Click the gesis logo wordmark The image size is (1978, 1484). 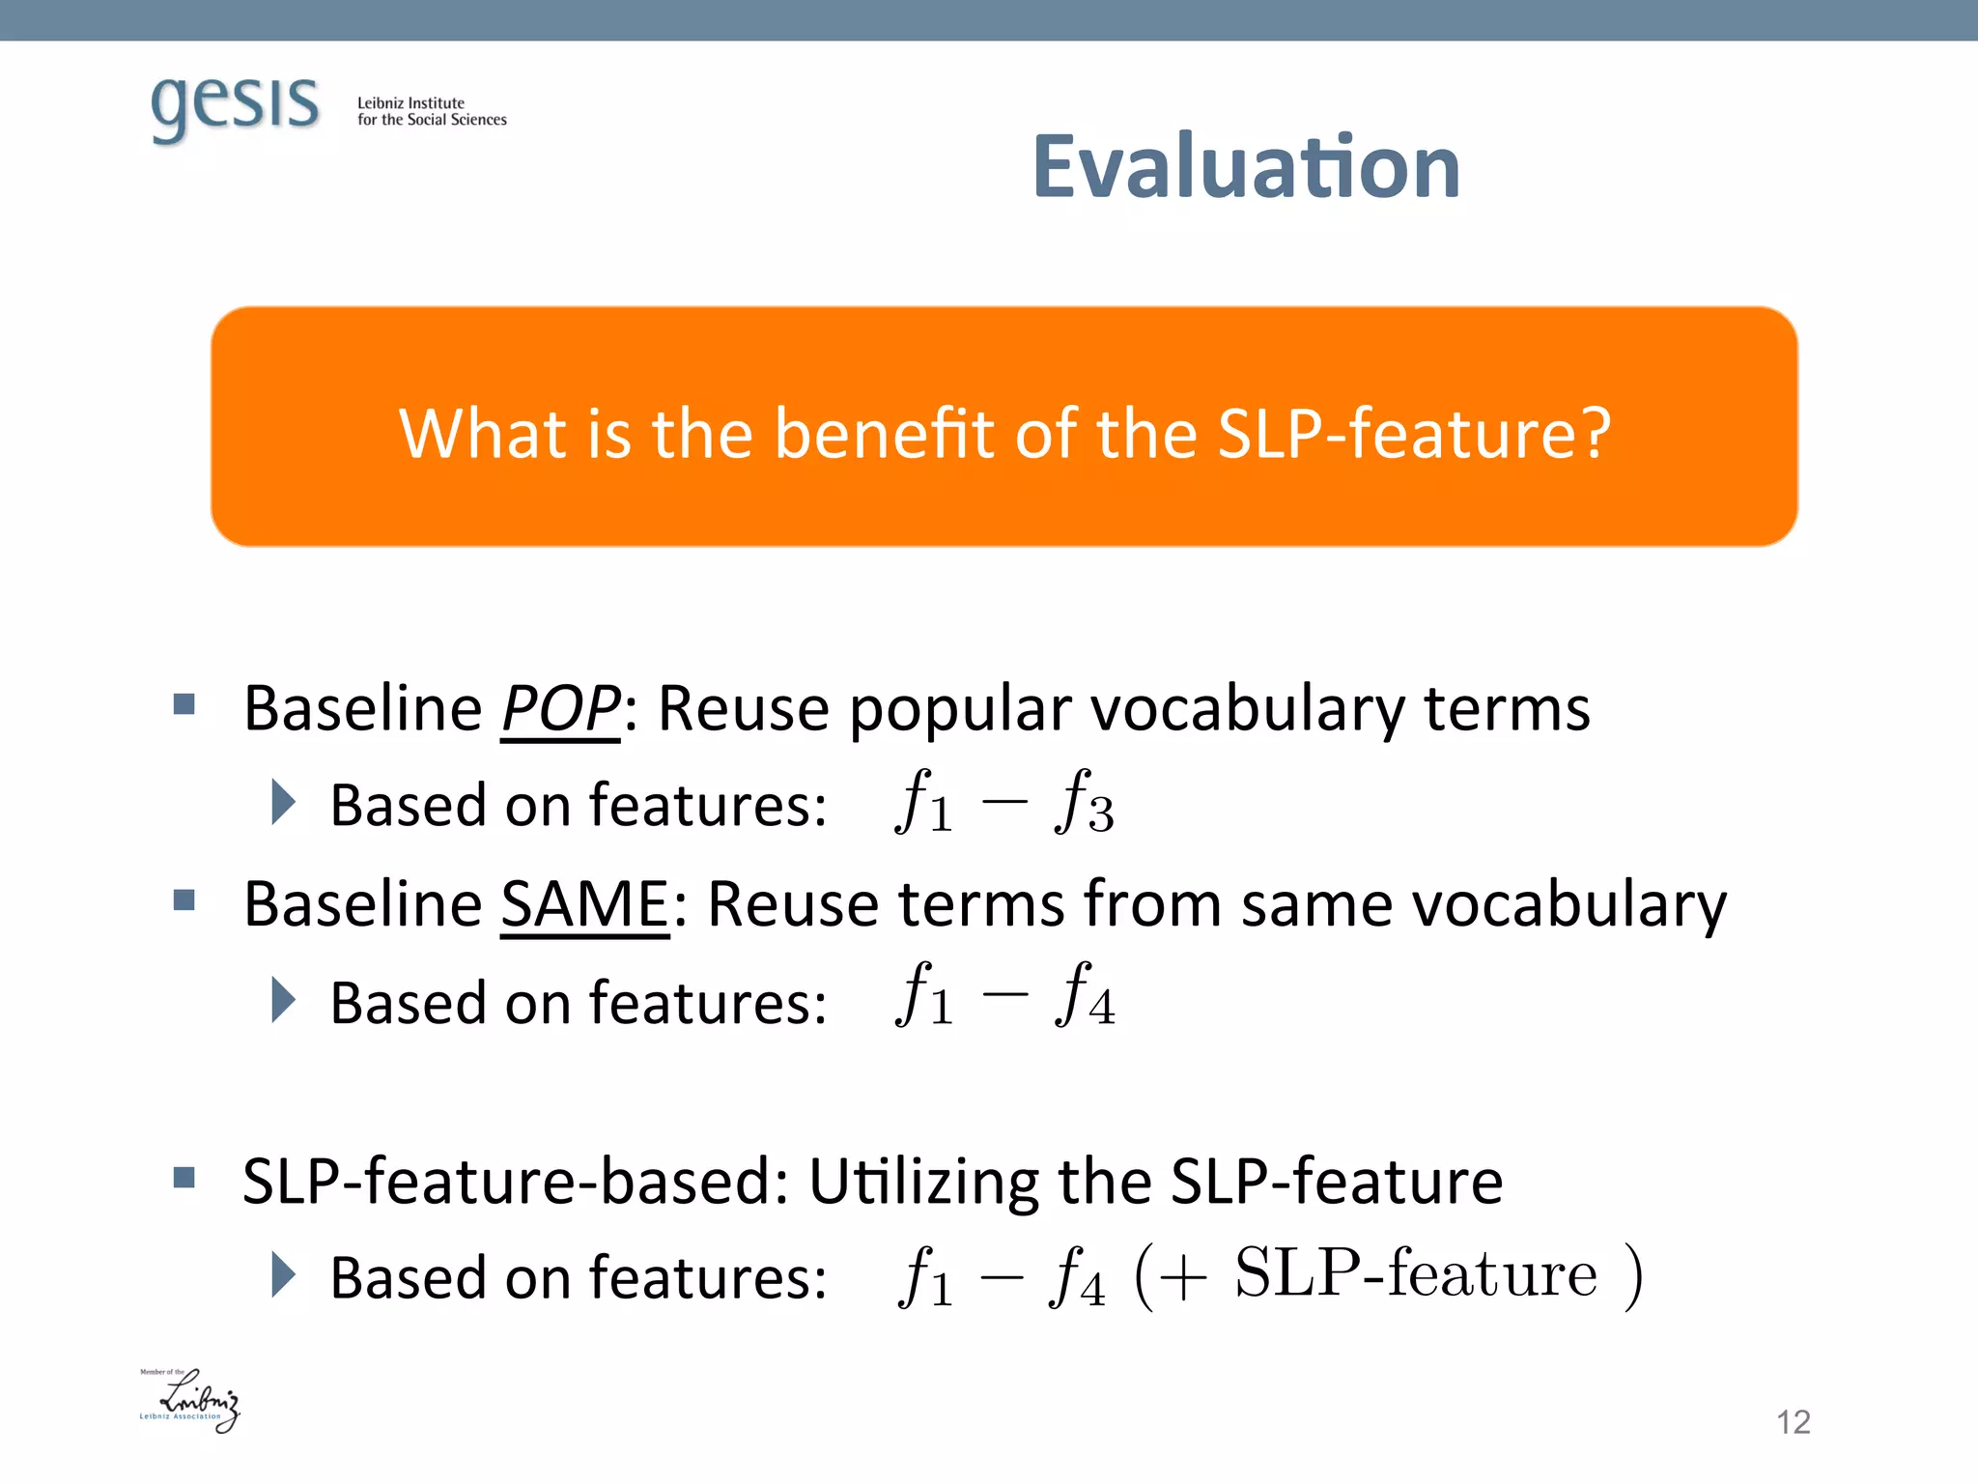(235, 106)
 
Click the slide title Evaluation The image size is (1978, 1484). (1246, 167)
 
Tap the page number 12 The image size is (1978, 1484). (1793, 1422)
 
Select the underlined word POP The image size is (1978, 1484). (561, 708)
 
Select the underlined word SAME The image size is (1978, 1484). (584, 904)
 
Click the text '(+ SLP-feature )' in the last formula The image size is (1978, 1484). (1387, 1275)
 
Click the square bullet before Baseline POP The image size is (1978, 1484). (184, 703)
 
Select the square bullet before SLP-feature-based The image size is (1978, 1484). (184, 1177)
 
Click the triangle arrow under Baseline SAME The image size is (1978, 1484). (283, 1000)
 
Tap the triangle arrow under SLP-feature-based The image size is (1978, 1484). (283, 1275)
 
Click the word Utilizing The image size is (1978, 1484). (922, 1181)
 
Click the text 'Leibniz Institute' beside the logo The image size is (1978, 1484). (410, 102)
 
